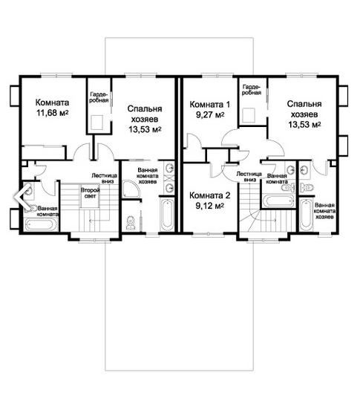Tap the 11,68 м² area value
[x=52, y=113]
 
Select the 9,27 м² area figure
[x=210, y=114]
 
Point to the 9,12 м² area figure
[x=209, y=206]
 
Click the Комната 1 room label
[x=210, y=105]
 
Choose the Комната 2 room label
[x=209, y=195]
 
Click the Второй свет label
[x=90, y=193]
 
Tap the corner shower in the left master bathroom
[x=131, y=189]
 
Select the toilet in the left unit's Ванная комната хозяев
[x=130, y=223]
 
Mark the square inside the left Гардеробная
[x=96, y=123]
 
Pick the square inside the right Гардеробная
[x=248, y=116]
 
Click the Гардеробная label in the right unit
[x=252, y=90]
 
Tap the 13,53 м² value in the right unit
[x=304, y=125]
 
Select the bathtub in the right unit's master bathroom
[x=307, y=215]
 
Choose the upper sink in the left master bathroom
[x=170, y=168]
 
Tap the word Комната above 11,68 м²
[x=52, y=102]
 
